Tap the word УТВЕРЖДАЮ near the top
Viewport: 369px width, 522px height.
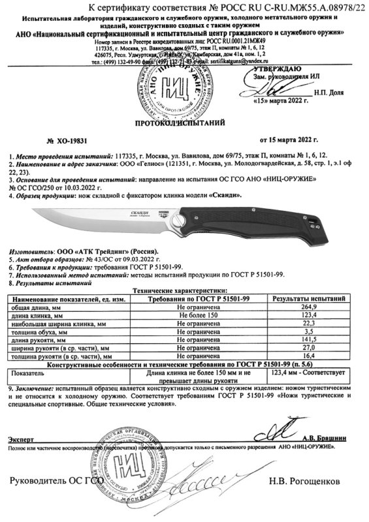point(274,67)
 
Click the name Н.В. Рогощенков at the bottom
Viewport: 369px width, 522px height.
point(304,482)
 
